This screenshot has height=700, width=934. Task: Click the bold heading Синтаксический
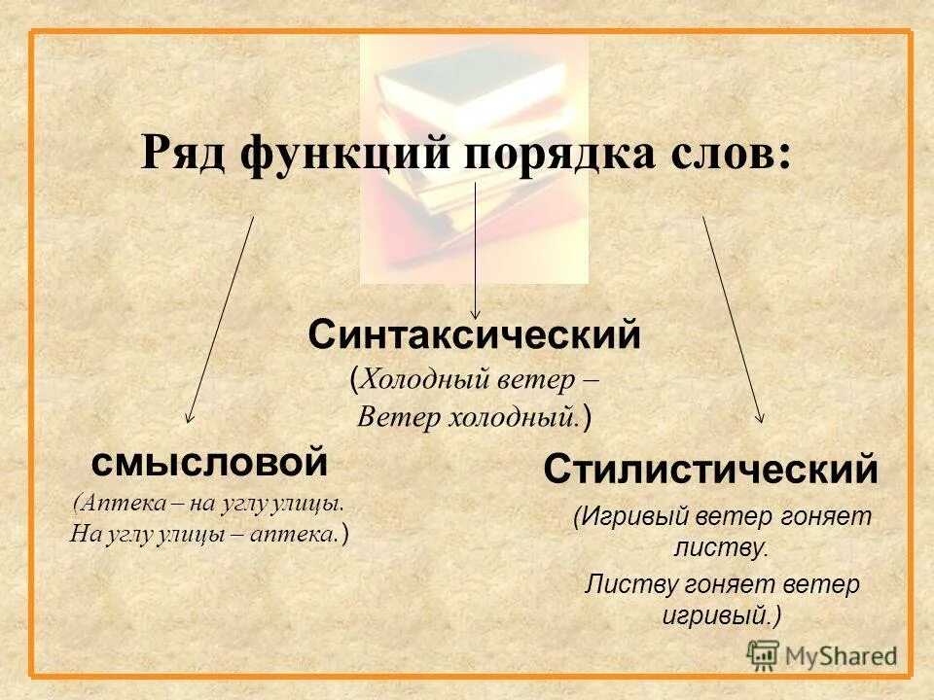point(475,336)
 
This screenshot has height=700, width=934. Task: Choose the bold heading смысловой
point(209,462)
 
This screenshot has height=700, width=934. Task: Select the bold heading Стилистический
point(710,471)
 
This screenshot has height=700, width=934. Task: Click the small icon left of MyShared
point(764,654)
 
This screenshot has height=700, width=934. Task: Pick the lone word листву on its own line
point(720,547)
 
